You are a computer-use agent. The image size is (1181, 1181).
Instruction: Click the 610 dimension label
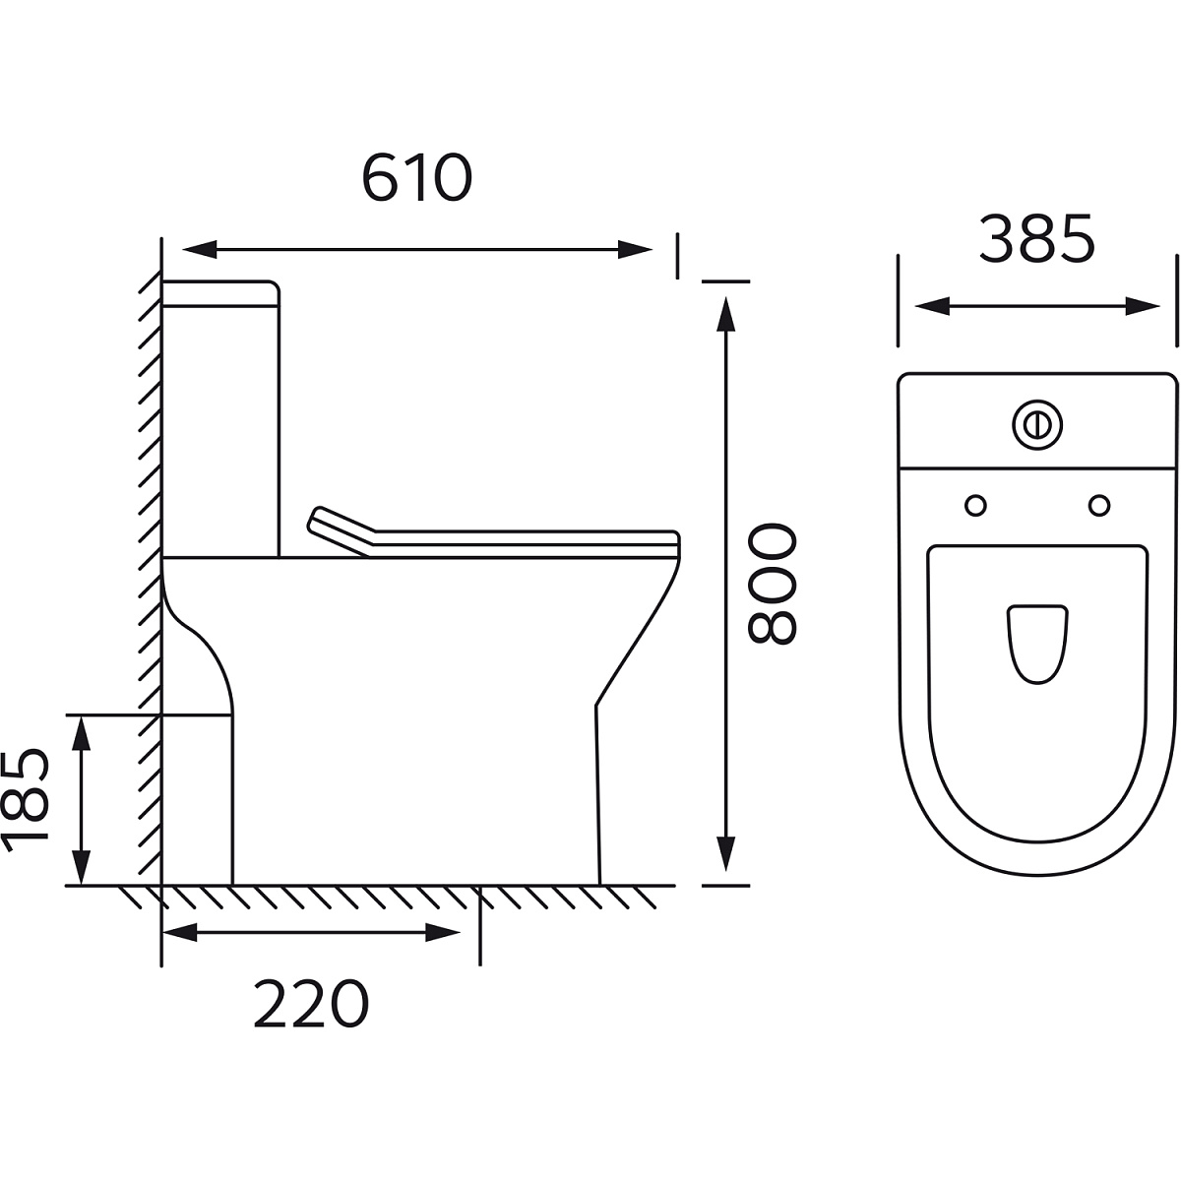click(x=416, y=177)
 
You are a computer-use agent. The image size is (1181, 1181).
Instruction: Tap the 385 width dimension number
click(x=1036, y=239)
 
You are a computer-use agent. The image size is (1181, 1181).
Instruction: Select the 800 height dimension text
click(x=772, y=584)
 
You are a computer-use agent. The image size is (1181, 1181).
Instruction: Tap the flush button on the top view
click(x=1037, y=425)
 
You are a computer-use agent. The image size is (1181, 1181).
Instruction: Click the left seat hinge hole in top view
click(x=975, y=506)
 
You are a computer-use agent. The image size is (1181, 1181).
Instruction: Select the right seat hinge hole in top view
click(x=1099, y=506)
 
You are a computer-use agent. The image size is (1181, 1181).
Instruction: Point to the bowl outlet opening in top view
click(x=1037, y=644)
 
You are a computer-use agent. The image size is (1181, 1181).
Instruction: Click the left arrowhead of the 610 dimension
click(x=200, y=249)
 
